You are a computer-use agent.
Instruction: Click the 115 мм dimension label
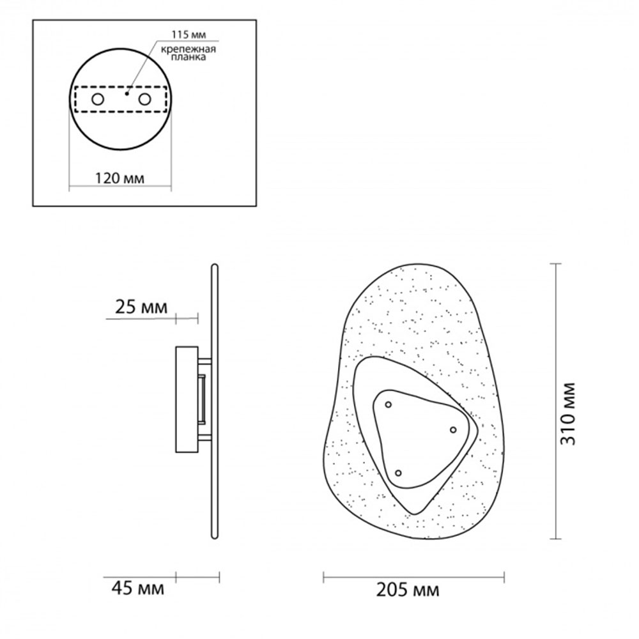point(189,35)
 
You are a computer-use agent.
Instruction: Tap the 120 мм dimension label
point(119,178)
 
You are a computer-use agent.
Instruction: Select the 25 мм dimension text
point(141,307)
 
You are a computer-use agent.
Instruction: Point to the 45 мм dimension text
point(138,589)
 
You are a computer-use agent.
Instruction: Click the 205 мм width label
point(408,590)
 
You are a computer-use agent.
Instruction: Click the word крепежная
point(189,49)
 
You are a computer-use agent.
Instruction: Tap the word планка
point(189,57)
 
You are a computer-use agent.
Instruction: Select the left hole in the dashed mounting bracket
point(98,99)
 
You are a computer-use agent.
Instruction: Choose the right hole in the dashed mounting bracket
point(144,99)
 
